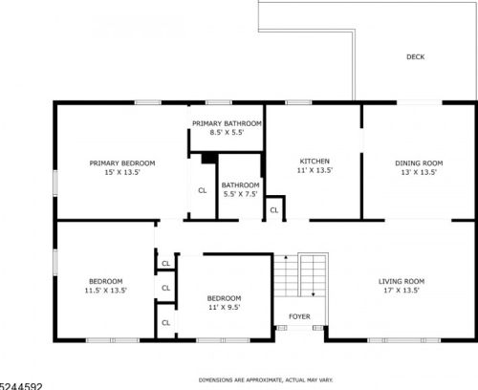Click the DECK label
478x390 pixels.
coord(416,57)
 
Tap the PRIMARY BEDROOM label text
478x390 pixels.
coord(122,163)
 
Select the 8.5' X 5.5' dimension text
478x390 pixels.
coord(227,132)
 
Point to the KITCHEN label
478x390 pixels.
coord(315,162)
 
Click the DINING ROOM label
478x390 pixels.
coord(419,163)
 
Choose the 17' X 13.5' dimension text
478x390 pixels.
coord(402,291)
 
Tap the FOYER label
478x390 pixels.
coord(299,316)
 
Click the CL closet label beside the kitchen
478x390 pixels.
coord(274,210)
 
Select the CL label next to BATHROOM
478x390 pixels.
coord(203,190)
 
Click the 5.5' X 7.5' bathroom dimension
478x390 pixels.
coord(240,194)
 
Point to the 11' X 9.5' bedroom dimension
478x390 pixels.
coord(225,307)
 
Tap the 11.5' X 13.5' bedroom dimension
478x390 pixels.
coord(106,291)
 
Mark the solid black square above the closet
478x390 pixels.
coord(209,159)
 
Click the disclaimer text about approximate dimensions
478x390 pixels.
coord(266,380)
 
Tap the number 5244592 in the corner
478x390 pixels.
coord(21,386)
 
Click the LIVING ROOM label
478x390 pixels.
coord(402,281)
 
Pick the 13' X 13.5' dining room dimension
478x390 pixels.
coord(419,172)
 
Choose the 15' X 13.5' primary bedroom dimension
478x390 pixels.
coord(122,172)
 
